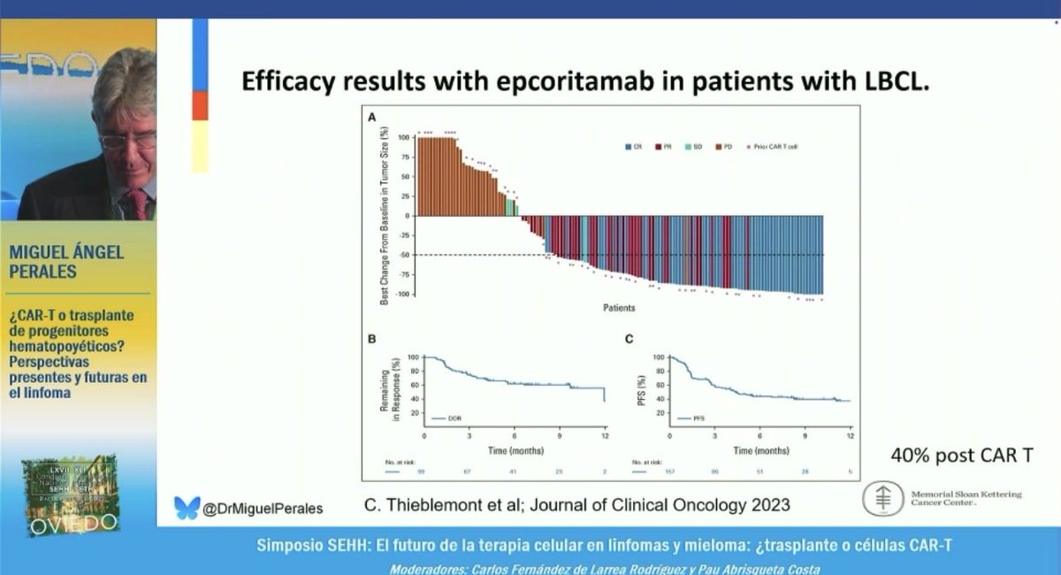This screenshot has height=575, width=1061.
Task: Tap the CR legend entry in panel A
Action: pos(633,145)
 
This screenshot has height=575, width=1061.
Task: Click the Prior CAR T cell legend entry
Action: pos(777,145)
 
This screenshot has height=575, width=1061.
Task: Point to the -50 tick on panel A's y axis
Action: pos(404,255)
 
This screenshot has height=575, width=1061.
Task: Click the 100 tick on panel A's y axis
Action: pos(403,138)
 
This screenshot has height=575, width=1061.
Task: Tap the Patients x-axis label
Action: pos(618,308)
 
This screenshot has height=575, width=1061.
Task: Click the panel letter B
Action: pos(371,339)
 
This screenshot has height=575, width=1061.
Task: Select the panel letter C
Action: pos(628,339)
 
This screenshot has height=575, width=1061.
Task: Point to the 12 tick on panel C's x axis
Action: pos(850,437)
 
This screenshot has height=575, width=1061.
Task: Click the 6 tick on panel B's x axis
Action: pos(514,437)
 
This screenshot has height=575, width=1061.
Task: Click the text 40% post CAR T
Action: pos(960,456)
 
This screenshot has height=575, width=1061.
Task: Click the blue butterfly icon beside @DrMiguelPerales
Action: pos(187,507)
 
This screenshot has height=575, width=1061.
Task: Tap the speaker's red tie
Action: pos(137,203)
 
